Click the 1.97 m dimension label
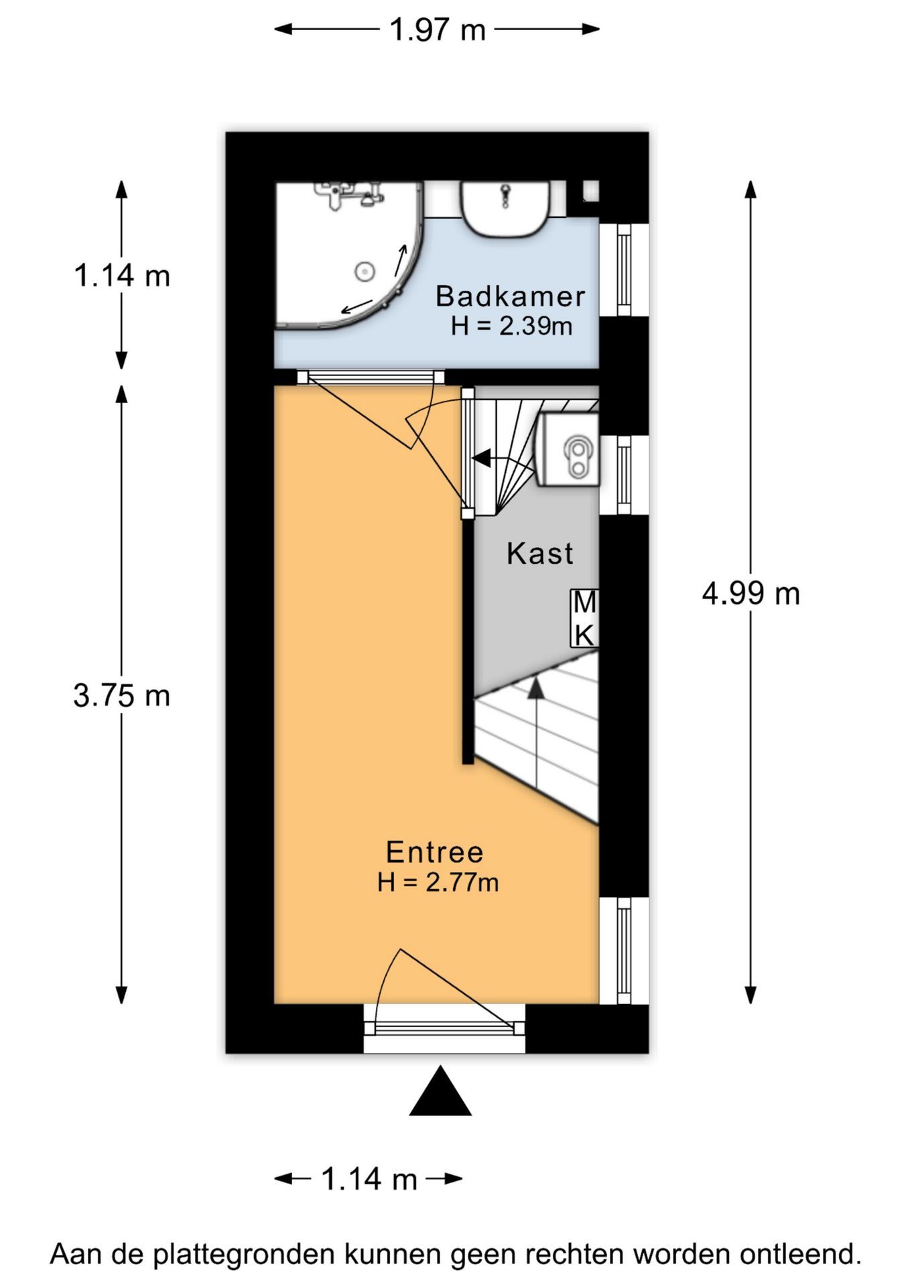pyautogui.click(x=437, y=30)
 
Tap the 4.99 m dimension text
pyautogui.click(x=751, y=593)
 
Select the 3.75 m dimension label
pyautogui.click(x=121, y=695)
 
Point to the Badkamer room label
pyautogui.click(x=510, y=296)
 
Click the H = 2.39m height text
pyautogui.click(x=511, y=326)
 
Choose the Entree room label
pyautogui.click(x=434, y=852)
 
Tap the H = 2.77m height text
pyautogui.click(x=438, y=882)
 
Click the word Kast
pyautogui.click(x=539, y=554)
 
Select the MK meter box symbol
pyautogui.click(x=584, y=619)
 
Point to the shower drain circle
pyautogui.click(x=364, y=271)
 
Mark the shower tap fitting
pyautogui.click(x=348, y=194)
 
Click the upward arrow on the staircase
pyautogui.click(x=535, y=735)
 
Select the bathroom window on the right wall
pyautogui.click(x=624, y=269)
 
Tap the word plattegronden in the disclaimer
pyautogui.click(x=244, y=1254)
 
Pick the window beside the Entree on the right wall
pyautogui.click(x=624, y=951)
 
